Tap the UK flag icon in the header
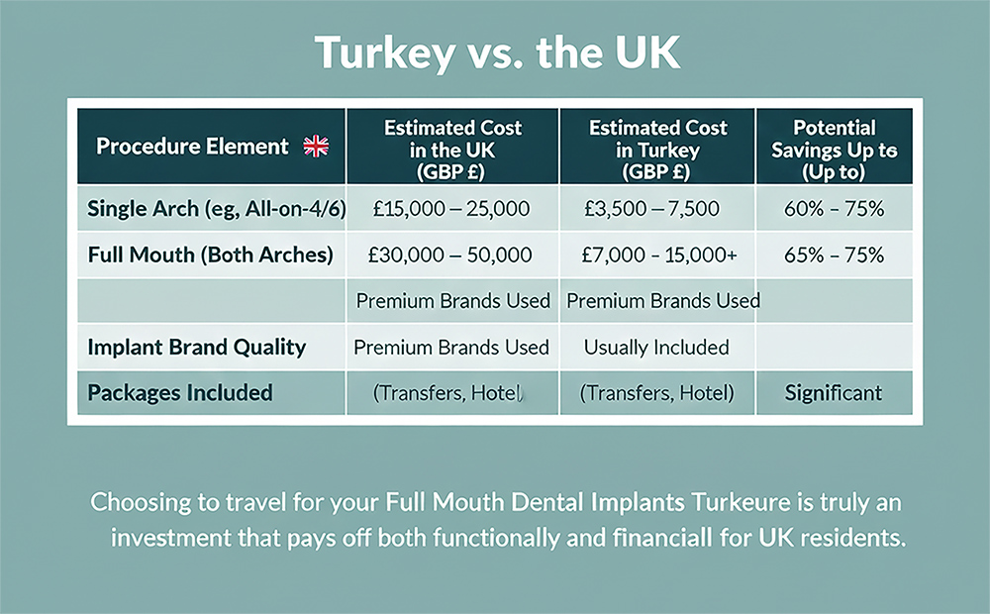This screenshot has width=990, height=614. pos(316,148)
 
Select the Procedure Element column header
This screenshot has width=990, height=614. pos(193,148)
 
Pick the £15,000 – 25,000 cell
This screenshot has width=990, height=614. pos(451,210)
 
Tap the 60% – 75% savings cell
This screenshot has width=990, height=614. pos(834,210)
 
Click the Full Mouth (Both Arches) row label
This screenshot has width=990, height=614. pos(210,255)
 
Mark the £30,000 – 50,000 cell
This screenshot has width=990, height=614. pos(451,255)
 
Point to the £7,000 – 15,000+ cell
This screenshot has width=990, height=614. pos(657,255)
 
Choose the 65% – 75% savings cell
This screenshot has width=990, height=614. pos(834,255)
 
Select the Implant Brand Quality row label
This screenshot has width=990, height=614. pos(196,347)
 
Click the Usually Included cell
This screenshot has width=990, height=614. pos(656,347)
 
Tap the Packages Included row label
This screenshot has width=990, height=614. pos(180,392)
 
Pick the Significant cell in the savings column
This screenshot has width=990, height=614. pos(834,392)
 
